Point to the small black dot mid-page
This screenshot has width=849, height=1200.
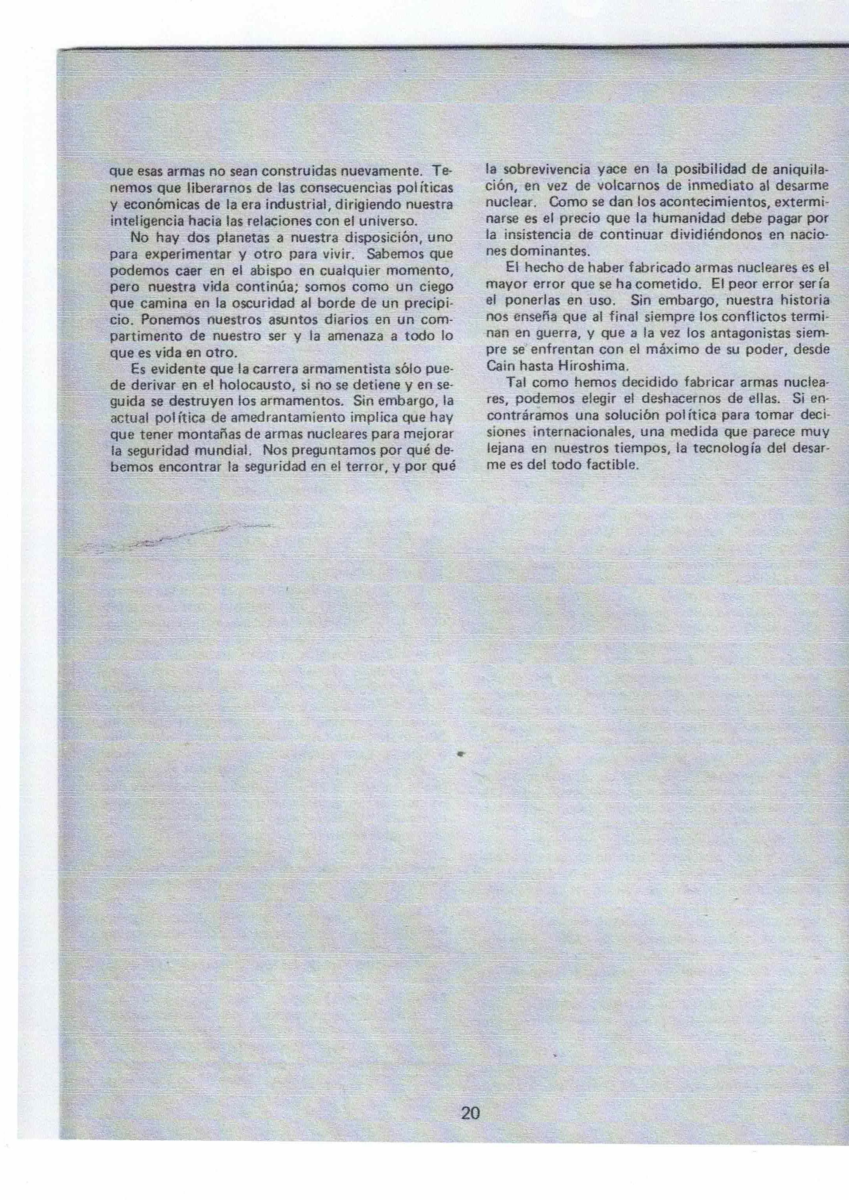click(x=461, y=754)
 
